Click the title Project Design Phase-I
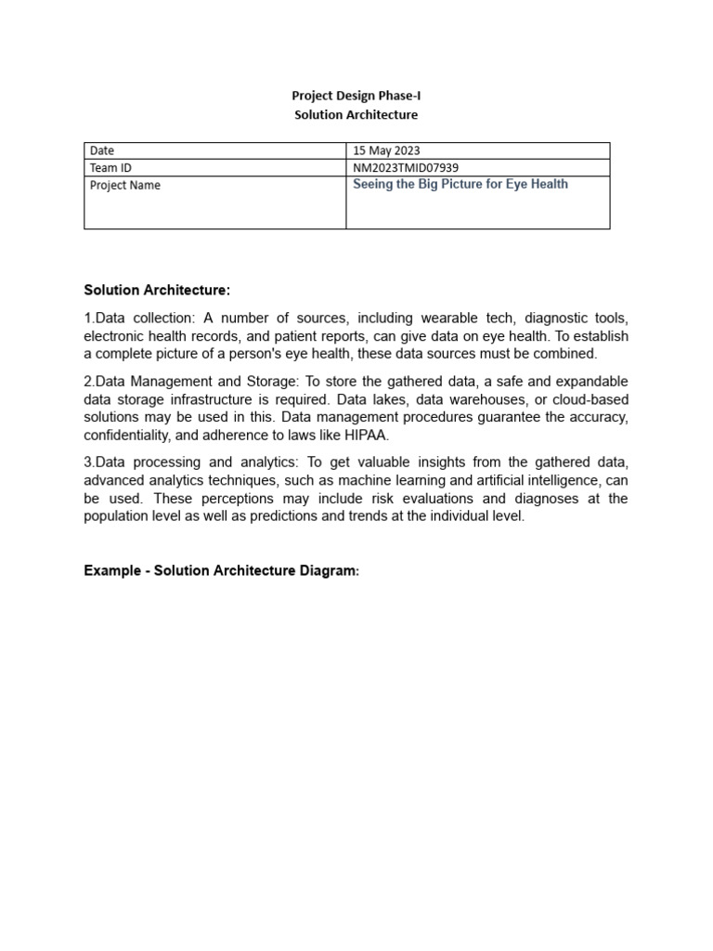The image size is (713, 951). point(356,96)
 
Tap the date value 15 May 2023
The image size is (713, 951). point(386,150)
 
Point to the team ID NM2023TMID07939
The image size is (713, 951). point(406,167)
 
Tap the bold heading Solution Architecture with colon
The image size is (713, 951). point(156,291)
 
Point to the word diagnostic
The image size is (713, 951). point(550,318)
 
